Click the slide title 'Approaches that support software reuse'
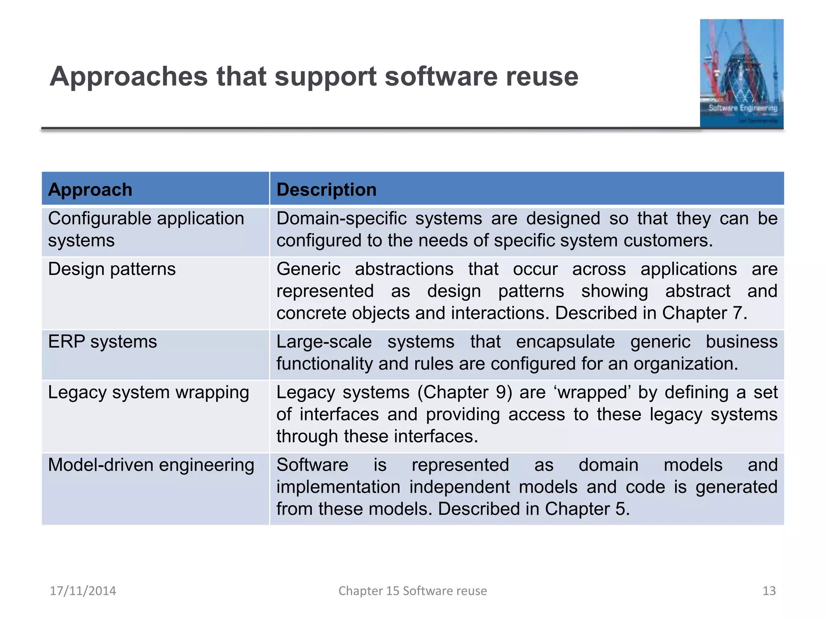(314, 77)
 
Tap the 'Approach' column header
(90, 189)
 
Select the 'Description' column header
(326, 189)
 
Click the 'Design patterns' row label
(112, 269)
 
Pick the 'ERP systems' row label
(102, 342)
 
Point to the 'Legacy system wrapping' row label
(148, 393)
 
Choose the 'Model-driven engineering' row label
(151, 465)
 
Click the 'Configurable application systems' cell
(146, 229)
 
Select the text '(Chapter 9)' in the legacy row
(465, 393)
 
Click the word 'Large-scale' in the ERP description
(324, 342)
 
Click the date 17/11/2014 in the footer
(83, 591)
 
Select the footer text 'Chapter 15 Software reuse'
(413, 591)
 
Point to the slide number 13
(769, 591)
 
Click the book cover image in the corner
(741, 74)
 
